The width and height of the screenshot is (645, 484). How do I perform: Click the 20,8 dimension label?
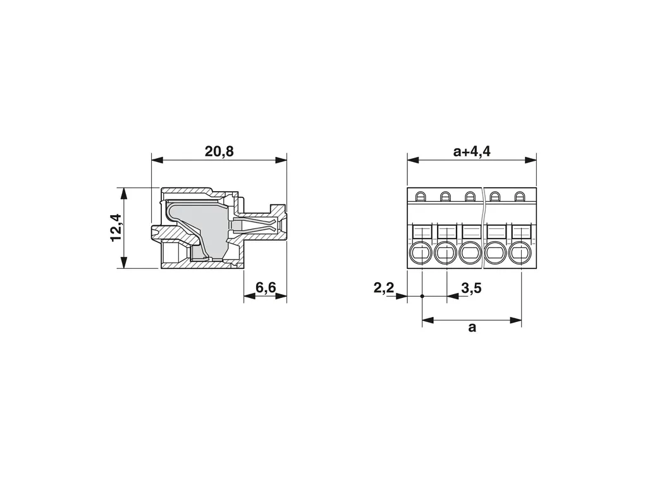coord(219,151)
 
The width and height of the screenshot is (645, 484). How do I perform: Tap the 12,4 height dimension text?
coord(117,228)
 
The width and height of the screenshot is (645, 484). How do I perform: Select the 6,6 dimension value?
coord(266,287)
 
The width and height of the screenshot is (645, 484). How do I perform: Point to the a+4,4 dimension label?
coord(472,151)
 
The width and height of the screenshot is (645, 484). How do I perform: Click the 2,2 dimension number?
coord(384,288)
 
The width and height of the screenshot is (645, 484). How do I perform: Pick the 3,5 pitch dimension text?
coord(471,288)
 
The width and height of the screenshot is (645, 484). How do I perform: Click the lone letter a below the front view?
coord(472,328)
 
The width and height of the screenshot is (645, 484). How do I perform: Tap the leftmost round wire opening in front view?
coord(421,252)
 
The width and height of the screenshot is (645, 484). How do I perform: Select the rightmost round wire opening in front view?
coord(520,252)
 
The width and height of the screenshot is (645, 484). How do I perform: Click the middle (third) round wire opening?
coord(470,252)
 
